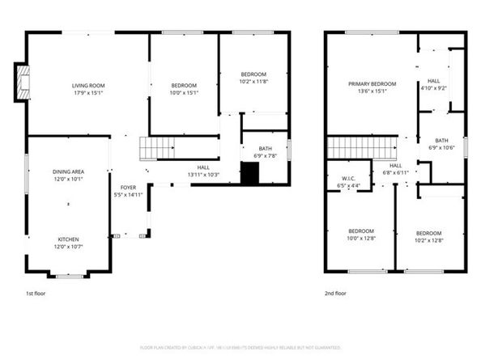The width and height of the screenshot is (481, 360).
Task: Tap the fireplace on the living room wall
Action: tap(22, 82)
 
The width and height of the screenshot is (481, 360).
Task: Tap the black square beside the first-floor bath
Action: tap(250, 173)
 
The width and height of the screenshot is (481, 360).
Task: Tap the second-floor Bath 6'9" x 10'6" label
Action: tap(443, 143)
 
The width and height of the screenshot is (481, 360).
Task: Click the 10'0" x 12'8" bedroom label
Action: tap(360, 234)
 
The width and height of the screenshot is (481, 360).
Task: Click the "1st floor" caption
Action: tap(36, 294)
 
